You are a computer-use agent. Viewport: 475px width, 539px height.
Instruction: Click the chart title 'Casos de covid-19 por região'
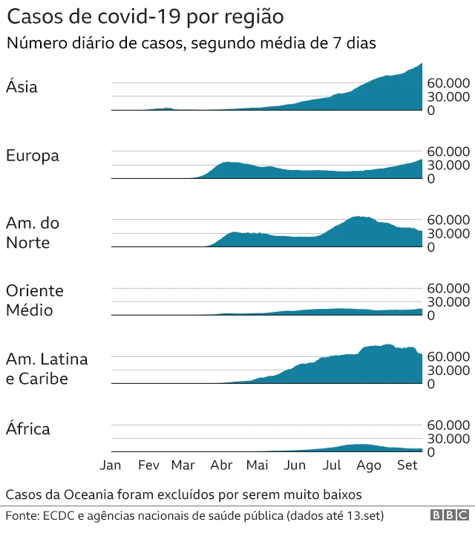click(144, 16)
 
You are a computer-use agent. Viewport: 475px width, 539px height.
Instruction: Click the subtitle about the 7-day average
click(191, 43)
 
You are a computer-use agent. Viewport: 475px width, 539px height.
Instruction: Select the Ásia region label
click(22, 88)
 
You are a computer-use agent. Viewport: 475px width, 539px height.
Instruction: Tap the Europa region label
click(33, 156)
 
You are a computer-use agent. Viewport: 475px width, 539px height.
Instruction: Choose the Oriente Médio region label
click(35, 301)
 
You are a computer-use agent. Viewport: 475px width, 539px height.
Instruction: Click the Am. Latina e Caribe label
click(47, 369)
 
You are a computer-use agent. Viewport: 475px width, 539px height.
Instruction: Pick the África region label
click(28, 429)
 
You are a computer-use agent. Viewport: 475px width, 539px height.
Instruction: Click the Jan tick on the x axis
click(111, 465)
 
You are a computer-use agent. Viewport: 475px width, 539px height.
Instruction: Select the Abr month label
click(221, 465)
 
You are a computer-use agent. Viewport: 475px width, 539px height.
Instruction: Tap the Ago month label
click(369, 465)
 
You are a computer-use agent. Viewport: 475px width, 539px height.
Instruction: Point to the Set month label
click(407, 465)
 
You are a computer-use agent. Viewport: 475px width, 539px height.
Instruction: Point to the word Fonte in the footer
click(22, 515)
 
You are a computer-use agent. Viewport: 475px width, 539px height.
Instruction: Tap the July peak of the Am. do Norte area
click(359, 218)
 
